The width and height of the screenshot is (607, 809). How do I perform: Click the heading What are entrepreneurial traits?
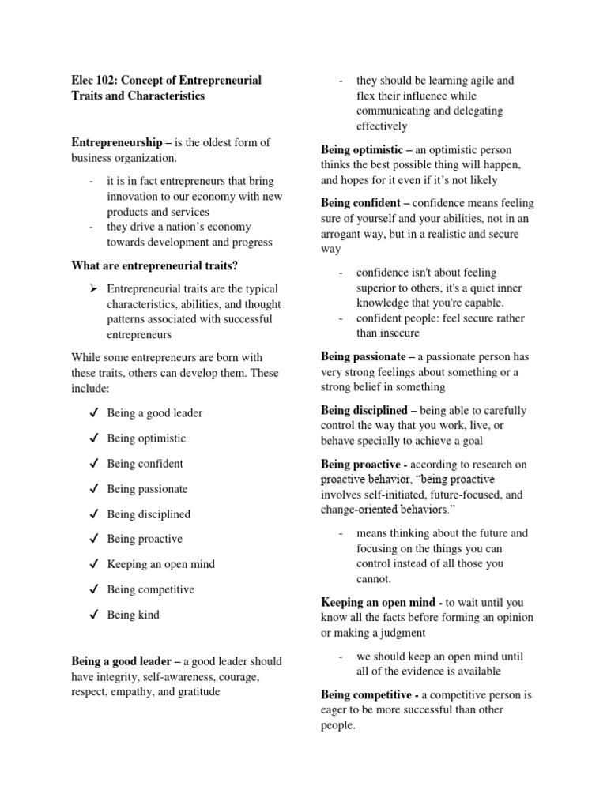point(154,265)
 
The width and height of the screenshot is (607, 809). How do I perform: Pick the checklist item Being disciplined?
point(149,514)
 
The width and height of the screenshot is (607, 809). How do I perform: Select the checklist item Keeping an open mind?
point(160,565)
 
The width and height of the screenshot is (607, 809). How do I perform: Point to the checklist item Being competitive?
point(150,590)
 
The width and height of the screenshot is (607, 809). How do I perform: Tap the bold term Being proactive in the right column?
point(362,465)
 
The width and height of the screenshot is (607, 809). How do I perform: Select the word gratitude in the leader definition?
point(194,692)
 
